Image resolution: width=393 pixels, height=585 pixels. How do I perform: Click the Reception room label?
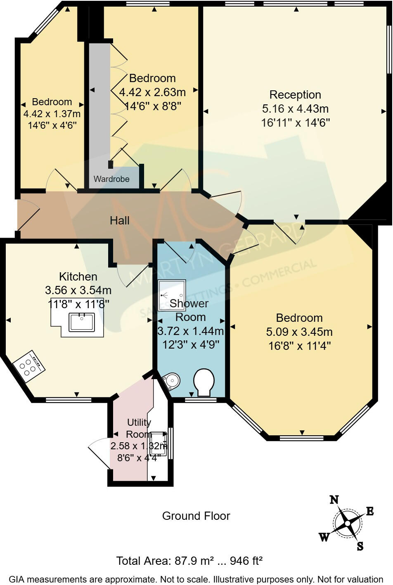tap(295, 95)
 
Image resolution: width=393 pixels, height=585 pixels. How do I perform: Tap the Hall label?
tap(120, 221)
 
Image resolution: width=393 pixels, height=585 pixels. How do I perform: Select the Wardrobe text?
tap(111, 179)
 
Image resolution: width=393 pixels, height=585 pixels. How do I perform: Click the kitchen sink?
tap(82, 322)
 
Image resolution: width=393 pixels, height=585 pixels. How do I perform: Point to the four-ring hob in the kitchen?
tap(28, 363)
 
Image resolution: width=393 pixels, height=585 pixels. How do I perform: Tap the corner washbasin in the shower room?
tap(172, 380)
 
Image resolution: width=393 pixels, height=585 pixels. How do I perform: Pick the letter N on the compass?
tap(334, 500)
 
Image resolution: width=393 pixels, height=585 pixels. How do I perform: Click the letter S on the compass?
tap(360, 547)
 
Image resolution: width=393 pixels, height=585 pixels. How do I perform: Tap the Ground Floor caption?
tap(196, 516)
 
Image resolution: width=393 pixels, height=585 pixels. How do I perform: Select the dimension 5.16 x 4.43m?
tap(295, 109)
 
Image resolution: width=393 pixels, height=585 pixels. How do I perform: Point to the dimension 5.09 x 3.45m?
tap(299, 332)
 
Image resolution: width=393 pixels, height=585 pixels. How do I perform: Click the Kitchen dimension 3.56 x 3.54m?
tap(78, 290)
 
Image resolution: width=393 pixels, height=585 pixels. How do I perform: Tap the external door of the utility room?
tap(99, 454)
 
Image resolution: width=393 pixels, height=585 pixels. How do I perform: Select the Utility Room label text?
tap(139, 428)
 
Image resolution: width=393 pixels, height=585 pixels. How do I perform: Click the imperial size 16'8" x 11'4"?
tap(299, 346)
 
